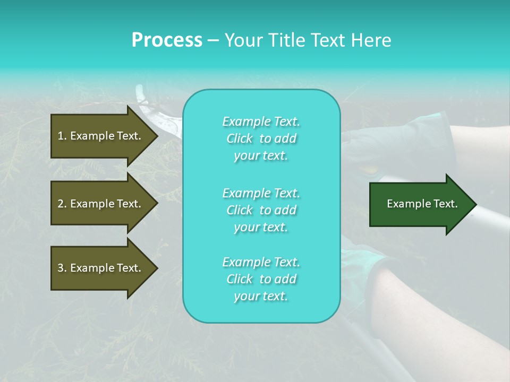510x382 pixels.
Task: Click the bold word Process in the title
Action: point(167,40)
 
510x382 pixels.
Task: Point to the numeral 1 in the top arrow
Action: point(60,136)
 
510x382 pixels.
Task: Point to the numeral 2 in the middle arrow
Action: point(61,204)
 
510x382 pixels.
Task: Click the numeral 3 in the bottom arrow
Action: point(61,268)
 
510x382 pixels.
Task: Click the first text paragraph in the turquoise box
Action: point(261,138)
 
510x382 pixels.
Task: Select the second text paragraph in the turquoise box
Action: point(261,210)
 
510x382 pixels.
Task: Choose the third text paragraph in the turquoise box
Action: point(261,279)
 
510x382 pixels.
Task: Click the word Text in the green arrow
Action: point(445,204)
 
